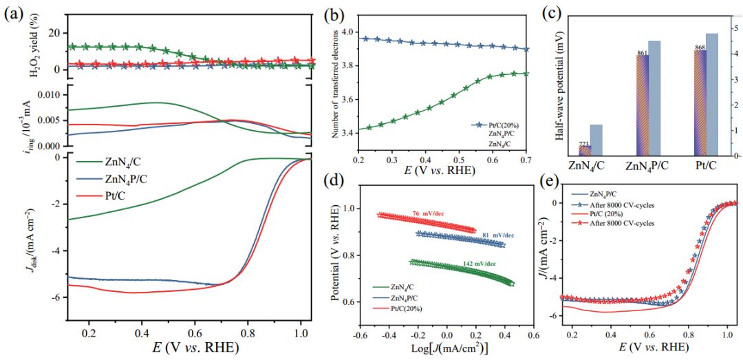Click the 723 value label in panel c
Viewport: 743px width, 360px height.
pos(583,143)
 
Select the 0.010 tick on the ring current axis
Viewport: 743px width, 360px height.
pos(47,94)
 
